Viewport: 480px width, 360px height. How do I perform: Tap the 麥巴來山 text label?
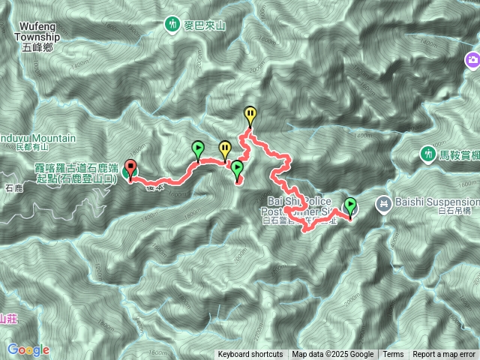(x=205, y=25)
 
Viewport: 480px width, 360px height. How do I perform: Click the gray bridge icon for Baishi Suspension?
(x=384, y=202)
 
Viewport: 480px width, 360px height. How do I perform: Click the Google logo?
(x=28, y=349)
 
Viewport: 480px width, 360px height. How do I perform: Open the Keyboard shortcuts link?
(x=250, y=355)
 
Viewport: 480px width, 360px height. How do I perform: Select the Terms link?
(x=393, y=355)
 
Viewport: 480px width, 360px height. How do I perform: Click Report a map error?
(x=444, y=355)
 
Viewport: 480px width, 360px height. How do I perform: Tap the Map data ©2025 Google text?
(x=333, y=355)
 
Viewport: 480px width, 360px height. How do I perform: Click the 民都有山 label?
(x=30, y=148)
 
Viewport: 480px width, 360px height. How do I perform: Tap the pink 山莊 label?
(x=7, y=318)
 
